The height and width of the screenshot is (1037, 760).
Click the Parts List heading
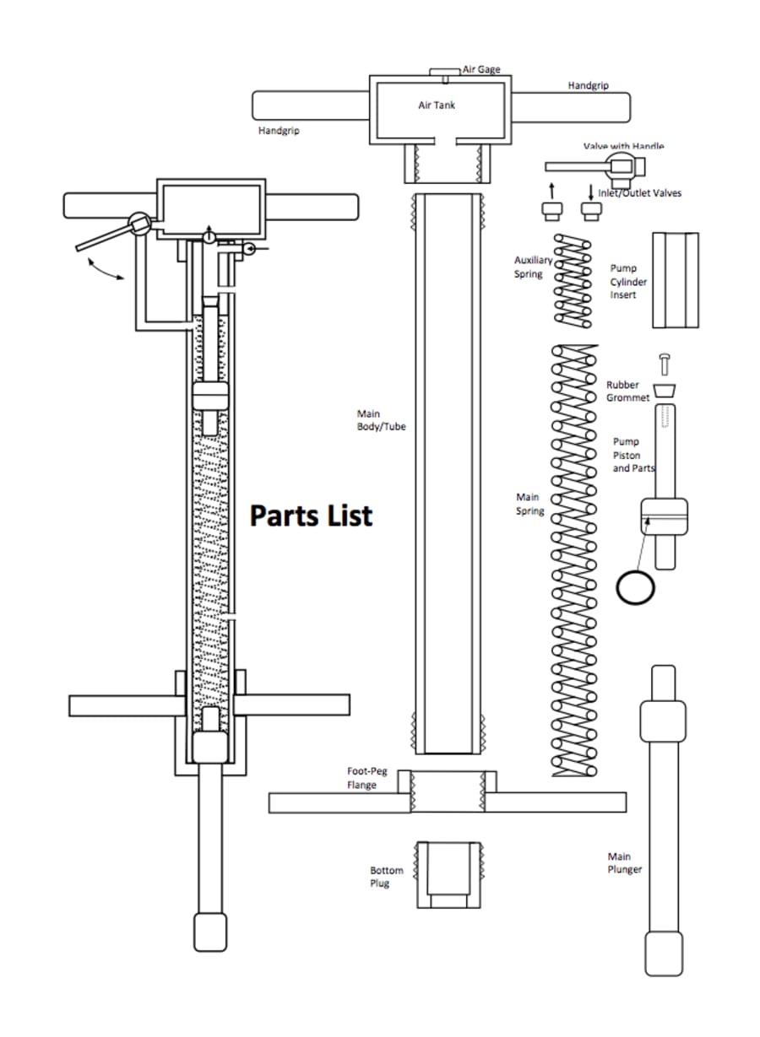[311, 515]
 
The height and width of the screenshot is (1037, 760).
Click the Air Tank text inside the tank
[437, 105]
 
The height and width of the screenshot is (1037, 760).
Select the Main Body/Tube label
[381, 420]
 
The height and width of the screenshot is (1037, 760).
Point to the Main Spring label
[529, 505]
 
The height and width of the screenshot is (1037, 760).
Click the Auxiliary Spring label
[533, 267]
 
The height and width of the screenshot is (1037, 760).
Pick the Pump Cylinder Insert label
[629, 282]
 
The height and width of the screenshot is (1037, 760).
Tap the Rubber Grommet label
[627, 391]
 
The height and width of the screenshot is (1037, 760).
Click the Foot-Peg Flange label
[366, 778]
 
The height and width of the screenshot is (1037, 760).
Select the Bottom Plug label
[386, 877]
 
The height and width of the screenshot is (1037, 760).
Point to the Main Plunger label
[625, 863]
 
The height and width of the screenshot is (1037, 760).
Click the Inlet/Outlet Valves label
[639, 193]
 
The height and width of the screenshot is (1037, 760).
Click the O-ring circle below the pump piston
[635, 586]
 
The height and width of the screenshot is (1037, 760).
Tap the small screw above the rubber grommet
[664, 364]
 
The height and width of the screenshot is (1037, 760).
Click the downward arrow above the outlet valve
[590, 190]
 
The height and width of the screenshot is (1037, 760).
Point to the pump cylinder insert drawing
[675, 280]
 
